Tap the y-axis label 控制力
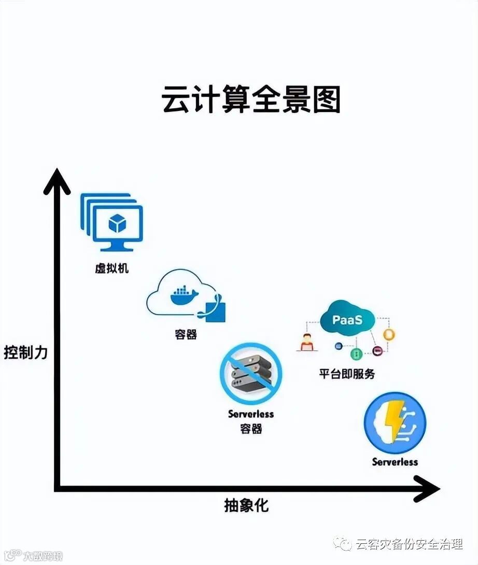(x=26, y=352)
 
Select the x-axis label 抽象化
(x=246, y=505)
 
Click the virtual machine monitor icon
(x=112, y=223)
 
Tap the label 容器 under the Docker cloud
(x=186, y=334)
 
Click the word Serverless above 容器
(x=251, y=414)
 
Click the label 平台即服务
(x=347, y=374)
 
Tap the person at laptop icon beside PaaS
(x=307, y=343)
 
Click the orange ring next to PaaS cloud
(x=389, y=334)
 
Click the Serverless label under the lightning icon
(x=395, y=461)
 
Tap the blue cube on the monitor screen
(x=118, y=223)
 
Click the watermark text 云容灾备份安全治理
(x=409, y=544)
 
